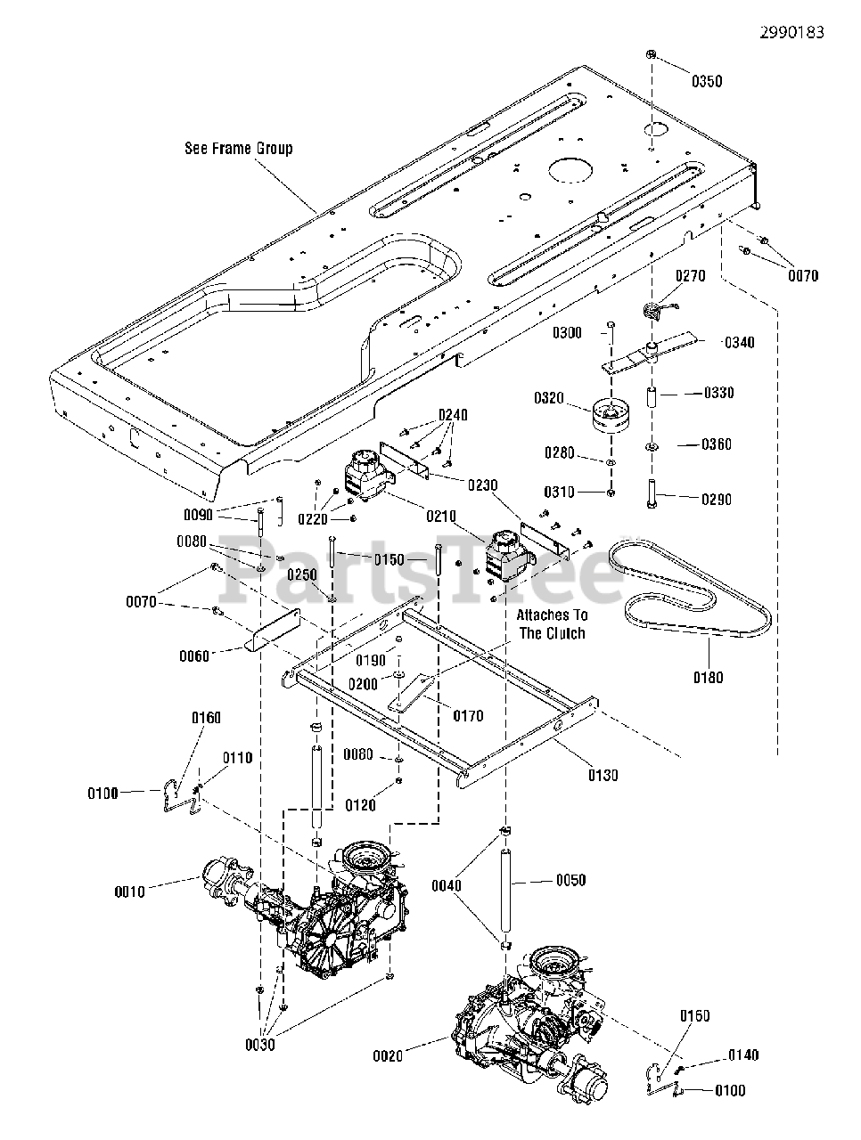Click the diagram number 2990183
pos(791,33)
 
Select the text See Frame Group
pos(239,149)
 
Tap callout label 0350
pos(707,82)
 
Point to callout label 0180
pos(709,677)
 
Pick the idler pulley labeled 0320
pos(611,415)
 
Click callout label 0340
pos(739,343)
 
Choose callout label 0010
pos(129,892)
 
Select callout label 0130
pos(603,776)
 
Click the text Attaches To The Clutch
pos(552,624)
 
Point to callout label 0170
pos(468,716)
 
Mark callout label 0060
pos(193,656)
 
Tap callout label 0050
pos(570,880)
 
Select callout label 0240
pos(453,415)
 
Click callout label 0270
pos(690,276)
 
